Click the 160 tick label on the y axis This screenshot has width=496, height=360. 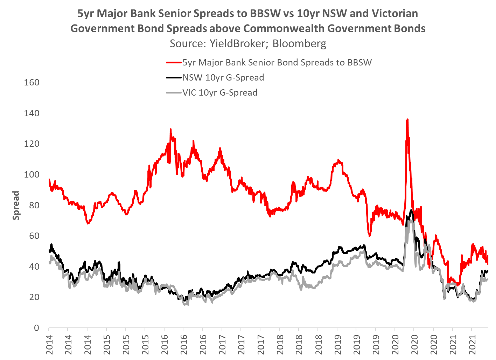(x=32, y=83)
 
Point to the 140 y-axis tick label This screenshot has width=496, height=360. (x=32, y=113)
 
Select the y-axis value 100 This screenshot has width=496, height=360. (x=32, y=175)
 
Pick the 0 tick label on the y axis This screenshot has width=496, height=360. (x=36, y=328)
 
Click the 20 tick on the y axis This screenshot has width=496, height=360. (x=34, y=297)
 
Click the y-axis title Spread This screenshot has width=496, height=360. (x=16, y=205)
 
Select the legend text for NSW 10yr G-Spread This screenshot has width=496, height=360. (x=223, y=77)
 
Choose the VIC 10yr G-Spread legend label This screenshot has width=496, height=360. (x=220, y=92)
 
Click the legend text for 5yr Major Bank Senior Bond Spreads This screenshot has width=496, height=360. (x=277, y=62)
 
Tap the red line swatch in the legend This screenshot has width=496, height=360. (x=174, y=63)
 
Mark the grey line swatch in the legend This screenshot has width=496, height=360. (x=174, y=93)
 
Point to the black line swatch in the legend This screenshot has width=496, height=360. (x=174, y=78)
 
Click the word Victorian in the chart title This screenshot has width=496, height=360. (x=395, y=13)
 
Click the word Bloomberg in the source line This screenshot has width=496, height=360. (x=299, y=43)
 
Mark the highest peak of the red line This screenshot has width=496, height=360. (x=407, y=120)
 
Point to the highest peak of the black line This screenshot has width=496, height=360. (x=411, y=210)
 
